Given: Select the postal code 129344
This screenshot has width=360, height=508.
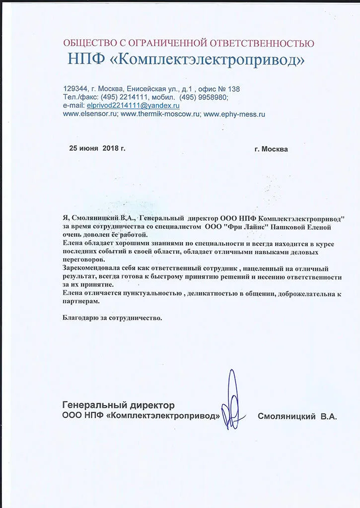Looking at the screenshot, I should click(75, 89).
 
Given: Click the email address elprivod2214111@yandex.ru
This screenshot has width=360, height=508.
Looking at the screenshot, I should click(133, 105).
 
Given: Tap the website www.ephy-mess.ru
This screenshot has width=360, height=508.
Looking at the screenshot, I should click(234, 114).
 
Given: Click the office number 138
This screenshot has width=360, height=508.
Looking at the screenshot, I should click(234, 89).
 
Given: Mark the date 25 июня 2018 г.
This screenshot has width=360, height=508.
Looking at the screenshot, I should click(97, 148).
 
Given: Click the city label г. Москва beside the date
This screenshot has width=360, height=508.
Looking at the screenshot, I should click(271, 148).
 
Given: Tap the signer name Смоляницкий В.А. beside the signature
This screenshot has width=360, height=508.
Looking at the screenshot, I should click(297, 417).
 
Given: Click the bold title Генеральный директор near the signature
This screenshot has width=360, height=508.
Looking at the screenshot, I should click(118, 405).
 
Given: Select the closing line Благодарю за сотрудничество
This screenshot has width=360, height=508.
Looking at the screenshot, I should click(113, 317).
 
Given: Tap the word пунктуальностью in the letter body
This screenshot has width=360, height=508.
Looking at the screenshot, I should click(150, 293).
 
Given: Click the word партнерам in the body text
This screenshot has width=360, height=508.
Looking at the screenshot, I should click(81, 301).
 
